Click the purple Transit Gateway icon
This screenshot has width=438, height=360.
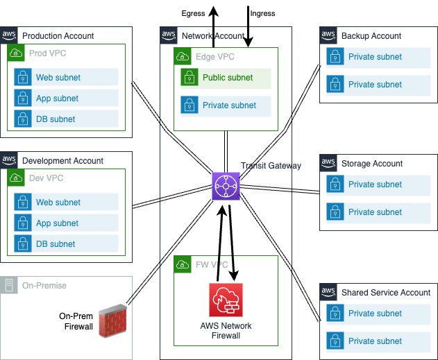click(226, 187)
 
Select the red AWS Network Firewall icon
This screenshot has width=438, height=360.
click(226, 300)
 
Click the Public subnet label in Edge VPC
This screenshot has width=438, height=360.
click(228, 78)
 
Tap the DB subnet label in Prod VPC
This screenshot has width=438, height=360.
click(56, 119)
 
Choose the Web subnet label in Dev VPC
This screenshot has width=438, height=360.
click(58, 203)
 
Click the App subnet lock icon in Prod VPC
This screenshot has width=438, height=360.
click(23, 98)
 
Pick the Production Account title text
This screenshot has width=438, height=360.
click(58, 36)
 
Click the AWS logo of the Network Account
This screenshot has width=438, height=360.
click(169, 35)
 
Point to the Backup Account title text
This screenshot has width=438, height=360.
click(371, 36)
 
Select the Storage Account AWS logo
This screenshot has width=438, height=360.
click(328, 162)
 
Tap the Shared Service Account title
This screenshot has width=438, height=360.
click(386, 293)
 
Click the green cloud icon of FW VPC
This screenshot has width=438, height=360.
click(183, 265)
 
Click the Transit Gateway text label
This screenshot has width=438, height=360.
click(271, 166)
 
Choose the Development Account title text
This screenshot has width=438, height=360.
click(62, 161)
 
